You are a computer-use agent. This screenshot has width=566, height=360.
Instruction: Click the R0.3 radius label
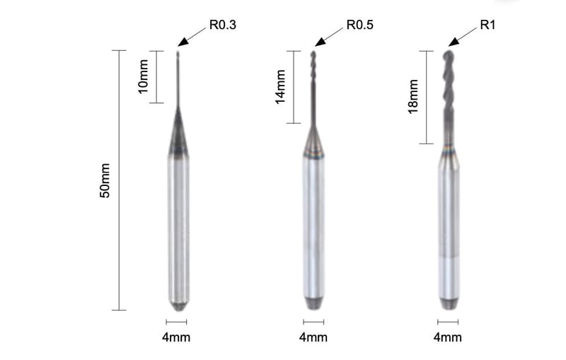click(223, 25)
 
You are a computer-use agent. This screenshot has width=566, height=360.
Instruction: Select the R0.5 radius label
click(360, 25)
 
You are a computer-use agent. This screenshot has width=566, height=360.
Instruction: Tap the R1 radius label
click(487, 25)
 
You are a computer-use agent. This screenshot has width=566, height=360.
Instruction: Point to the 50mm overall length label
click(104, 180)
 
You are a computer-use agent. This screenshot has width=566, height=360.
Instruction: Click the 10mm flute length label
click(144, 76)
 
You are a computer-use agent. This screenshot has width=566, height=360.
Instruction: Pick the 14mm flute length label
click(280, 87)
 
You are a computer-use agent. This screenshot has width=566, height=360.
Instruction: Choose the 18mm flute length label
click(413, 97)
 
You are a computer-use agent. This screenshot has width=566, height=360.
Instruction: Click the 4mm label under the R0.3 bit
click(176, 337)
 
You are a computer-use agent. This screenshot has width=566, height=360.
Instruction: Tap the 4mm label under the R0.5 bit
click(313, 337)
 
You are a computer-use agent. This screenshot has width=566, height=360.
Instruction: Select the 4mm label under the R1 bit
click(448, 337)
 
